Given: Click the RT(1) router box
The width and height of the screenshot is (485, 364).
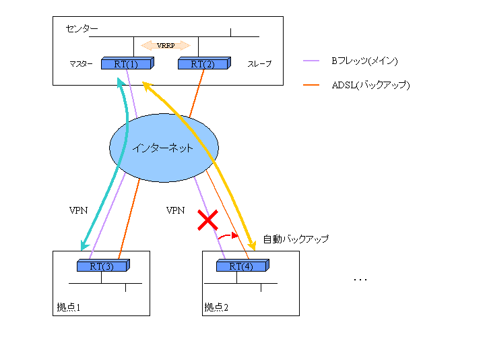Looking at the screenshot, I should click(127, 64).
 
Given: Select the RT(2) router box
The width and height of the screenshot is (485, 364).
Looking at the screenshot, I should click(203, 64).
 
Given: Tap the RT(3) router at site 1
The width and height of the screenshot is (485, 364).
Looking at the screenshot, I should click(103, 266).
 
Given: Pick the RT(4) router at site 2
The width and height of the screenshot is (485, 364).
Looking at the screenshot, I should click(242, 266).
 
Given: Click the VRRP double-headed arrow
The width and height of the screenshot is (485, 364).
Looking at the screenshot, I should click(166, 46).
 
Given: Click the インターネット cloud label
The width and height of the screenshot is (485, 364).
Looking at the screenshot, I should click(163, 148).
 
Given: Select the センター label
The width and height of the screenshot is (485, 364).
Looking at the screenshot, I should click(82, 29).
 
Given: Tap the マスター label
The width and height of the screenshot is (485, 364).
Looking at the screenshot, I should click(81, 64).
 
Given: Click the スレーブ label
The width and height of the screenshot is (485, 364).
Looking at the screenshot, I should click(259, 64).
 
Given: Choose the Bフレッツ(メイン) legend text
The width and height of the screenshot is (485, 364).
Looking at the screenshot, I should click(364, 61).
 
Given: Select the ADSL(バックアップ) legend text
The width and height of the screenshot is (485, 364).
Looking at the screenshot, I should click(370, 85).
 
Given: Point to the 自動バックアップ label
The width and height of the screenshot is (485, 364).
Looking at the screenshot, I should click(296, 239).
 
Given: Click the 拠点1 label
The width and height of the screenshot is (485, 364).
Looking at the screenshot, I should click(69, 307).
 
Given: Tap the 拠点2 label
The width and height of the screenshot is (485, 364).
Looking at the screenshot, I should click(216, 307).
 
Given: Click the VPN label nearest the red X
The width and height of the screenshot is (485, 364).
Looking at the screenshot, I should click(175, 211).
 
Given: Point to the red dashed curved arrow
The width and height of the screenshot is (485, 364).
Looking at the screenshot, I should click(229, 236).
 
